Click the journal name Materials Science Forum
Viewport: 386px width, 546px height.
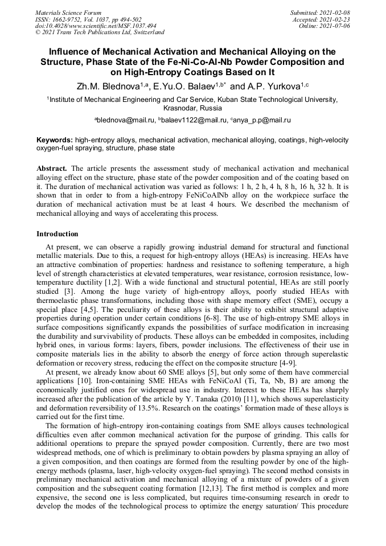pyautogui.click(x=68, y=13)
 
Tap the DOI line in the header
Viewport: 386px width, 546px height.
pyautogui.click(x=96, y=26)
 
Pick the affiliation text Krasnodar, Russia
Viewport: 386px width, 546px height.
pyautogui.click(x=192, y=108)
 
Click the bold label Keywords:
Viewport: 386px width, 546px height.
pyautogui.click(x=55, y=139)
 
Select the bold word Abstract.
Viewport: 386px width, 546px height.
pyautogui.click(x=52, y=169)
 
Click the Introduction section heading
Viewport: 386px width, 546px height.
pyautogui.click(x=58, y=234)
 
